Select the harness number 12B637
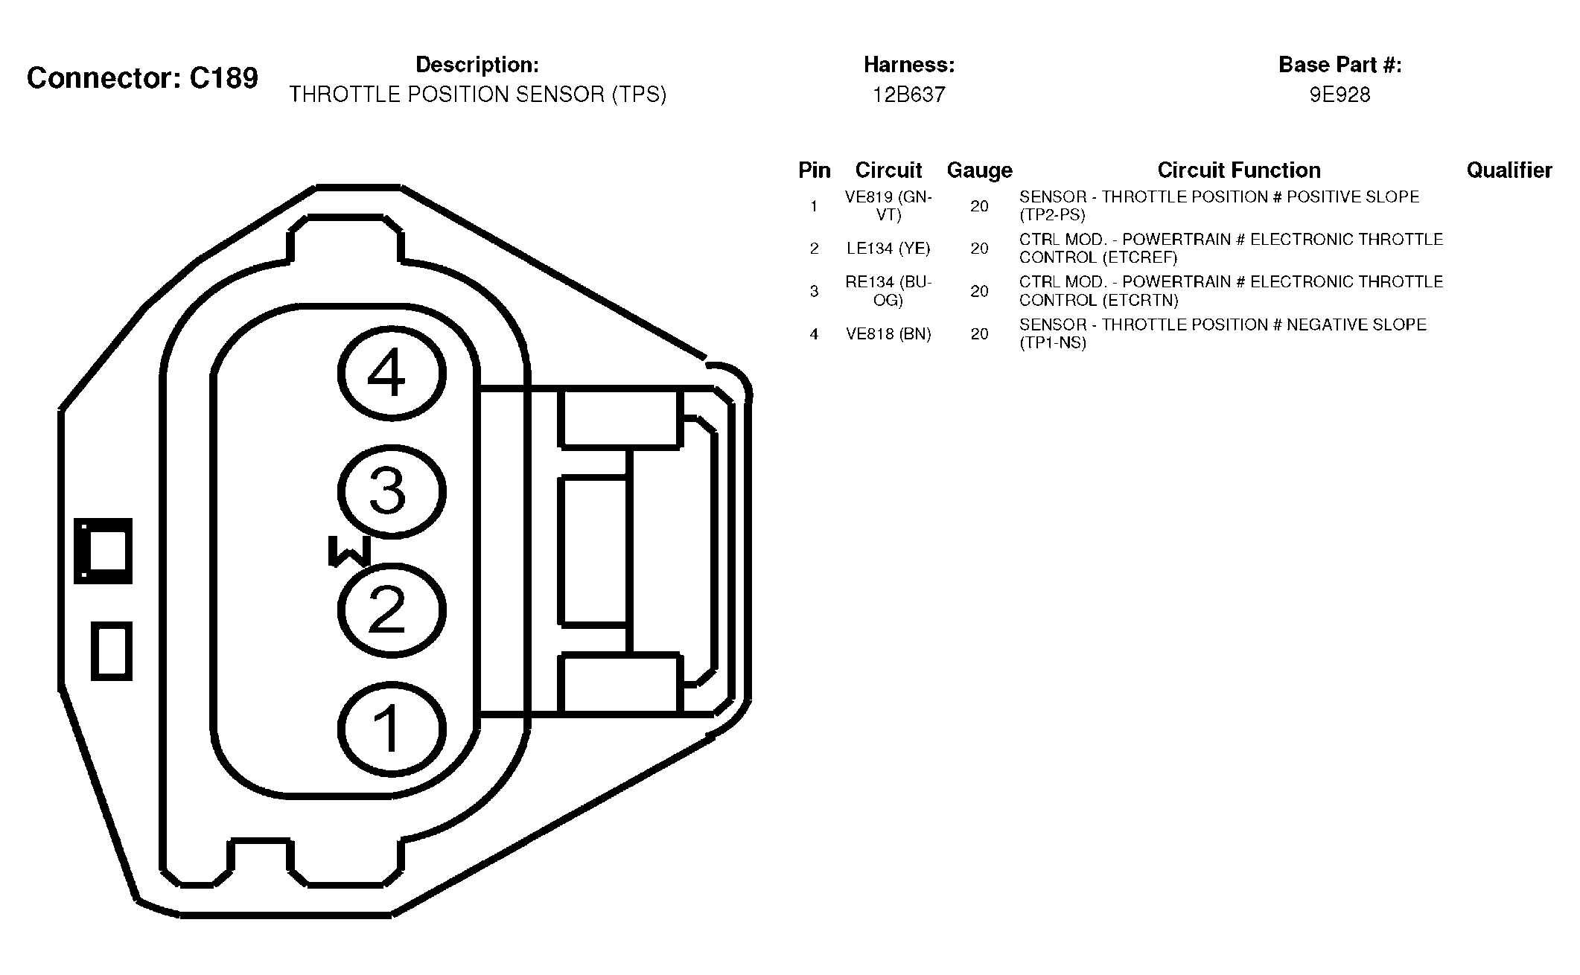[x=909, y=95]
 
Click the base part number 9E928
[x=1340, y=95]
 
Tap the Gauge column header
[x=979, y=170]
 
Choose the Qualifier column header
[x=1509, y=170]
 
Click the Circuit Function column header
[x=1239, y=170]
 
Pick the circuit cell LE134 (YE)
[x=888, y=249]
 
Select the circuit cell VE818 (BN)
[x=888, y=334]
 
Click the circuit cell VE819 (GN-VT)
[x=888, y=206]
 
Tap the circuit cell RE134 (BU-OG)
[x=888, y=291]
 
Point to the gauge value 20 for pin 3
[x=979, y=291]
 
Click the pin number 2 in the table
[x=814, y=249]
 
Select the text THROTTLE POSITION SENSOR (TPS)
[x=477, y=95]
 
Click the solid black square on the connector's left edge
[x=103, y=551]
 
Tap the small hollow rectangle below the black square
[x=112, y=651]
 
